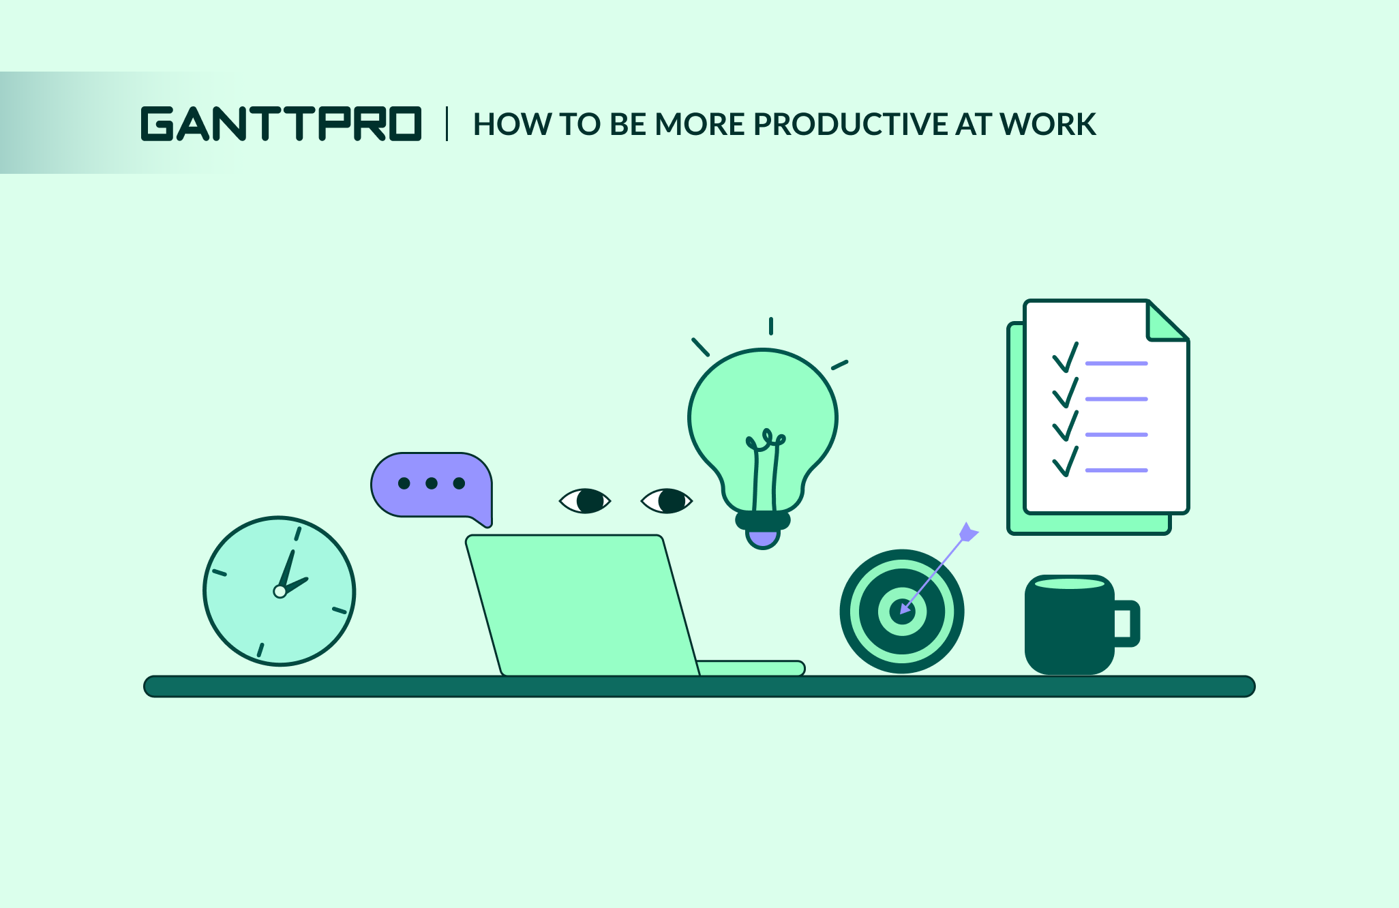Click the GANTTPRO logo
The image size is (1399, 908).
pyautogui.click(x=281, y=123)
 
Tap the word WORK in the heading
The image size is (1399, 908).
pyautogui.click(x=1048, y=124)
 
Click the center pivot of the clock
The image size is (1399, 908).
pyautogui.click(x=280, y=591)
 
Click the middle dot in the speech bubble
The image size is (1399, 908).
pyautogui.click(x=432, y=483)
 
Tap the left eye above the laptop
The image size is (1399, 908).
pyautogui.click(x=585, y=501)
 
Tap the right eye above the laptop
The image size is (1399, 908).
pyautogui.click(x=667, y=501)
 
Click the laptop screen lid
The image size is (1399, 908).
pyautogui.click(x=583, y=605)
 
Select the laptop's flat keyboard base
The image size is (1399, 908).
pyautogui.click(x=751, y=668)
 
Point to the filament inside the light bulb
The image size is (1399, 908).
pyautogui.click(x=764, y=470)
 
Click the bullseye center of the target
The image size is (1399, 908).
pyautogui.click(x=902, y=611)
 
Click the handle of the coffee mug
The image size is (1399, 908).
pyautogui.click(x=1127, y=624)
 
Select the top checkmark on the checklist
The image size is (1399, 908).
pyautogui.click(x=1066, y=357)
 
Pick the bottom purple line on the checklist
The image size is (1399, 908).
pyautogui.click(x=1117, y=470)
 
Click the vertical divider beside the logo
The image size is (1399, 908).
pyautogui.click(x=447, y=123)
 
